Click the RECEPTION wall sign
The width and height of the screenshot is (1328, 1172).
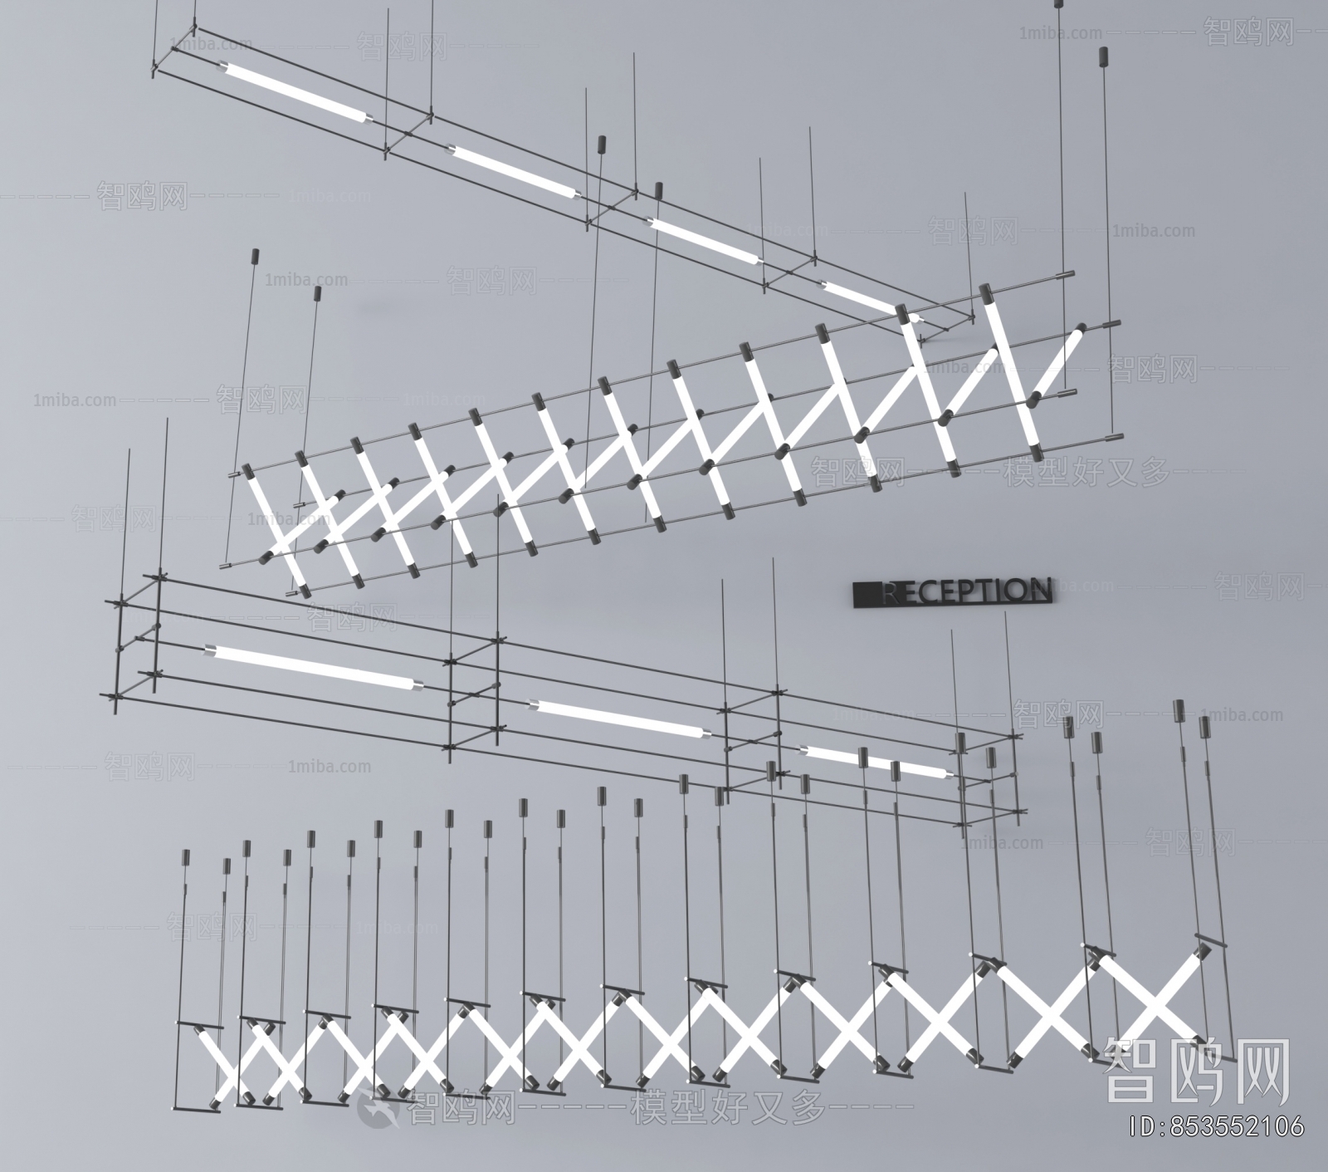point(953,591)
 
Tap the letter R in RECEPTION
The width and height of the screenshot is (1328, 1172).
point(890,592)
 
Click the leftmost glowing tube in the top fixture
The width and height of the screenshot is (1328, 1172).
point(294,91)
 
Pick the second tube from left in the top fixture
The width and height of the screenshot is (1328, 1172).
point(513,173)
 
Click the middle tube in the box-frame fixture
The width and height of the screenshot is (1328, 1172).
point(619,718)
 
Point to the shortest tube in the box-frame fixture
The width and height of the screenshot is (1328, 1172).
point(876,763)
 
